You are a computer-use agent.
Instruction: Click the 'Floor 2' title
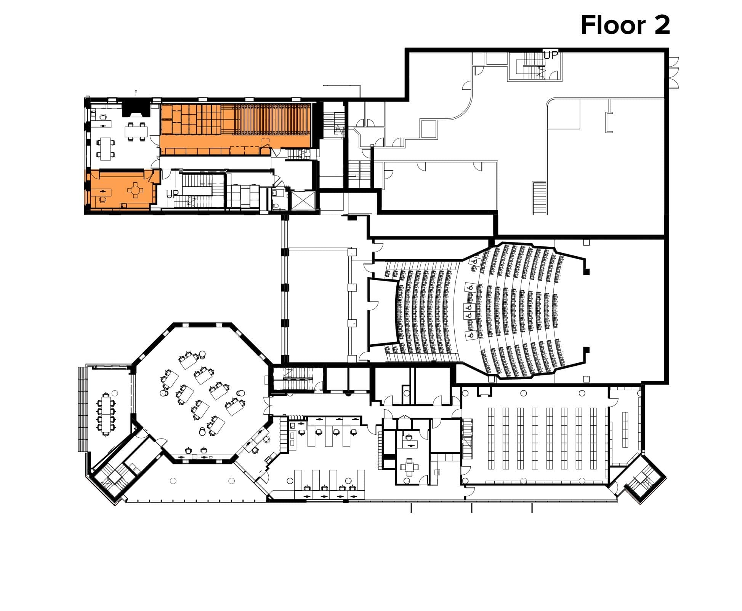click(x=625, y=25)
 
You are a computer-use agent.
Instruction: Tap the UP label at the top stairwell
click(x=550, y=55)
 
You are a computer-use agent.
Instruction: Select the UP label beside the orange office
click(x=172, y=194)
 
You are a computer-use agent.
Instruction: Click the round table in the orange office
click(x=135, y=189)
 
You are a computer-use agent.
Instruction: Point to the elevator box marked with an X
click(x=303, y=201)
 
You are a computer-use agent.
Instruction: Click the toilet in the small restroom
click(x=276, y=206)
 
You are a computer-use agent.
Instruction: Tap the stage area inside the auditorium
click(x=383, y=312)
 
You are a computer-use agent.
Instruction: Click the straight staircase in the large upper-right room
click(x=539, y=198)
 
